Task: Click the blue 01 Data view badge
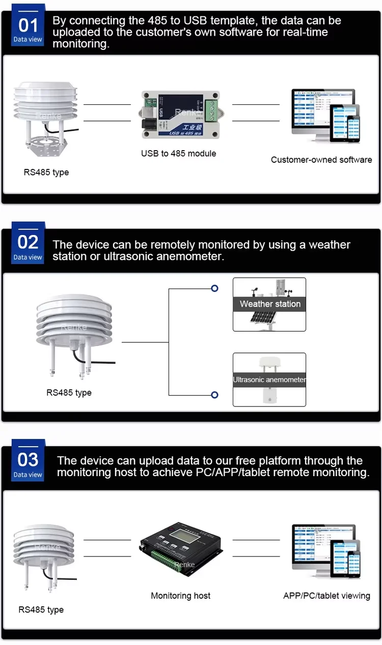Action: tap(28, 28)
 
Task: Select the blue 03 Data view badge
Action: tap(28, 462)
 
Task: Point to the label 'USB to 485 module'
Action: tap(179, 154)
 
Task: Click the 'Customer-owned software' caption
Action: tap(321, 160)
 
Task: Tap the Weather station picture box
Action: tap(269, 304)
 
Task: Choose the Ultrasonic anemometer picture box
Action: tap(269, 379)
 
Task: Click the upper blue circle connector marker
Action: tap(214, 288)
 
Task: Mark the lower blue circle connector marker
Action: tap(214, 395)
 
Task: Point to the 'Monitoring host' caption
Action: tap(181, 596)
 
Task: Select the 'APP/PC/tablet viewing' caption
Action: tap(326, 596)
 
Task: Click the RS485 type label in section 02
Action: tap(69, 393)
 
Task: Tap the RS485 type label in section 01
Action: tap(46, 172)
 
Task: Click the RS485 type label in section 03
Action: tap(41, 610)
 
